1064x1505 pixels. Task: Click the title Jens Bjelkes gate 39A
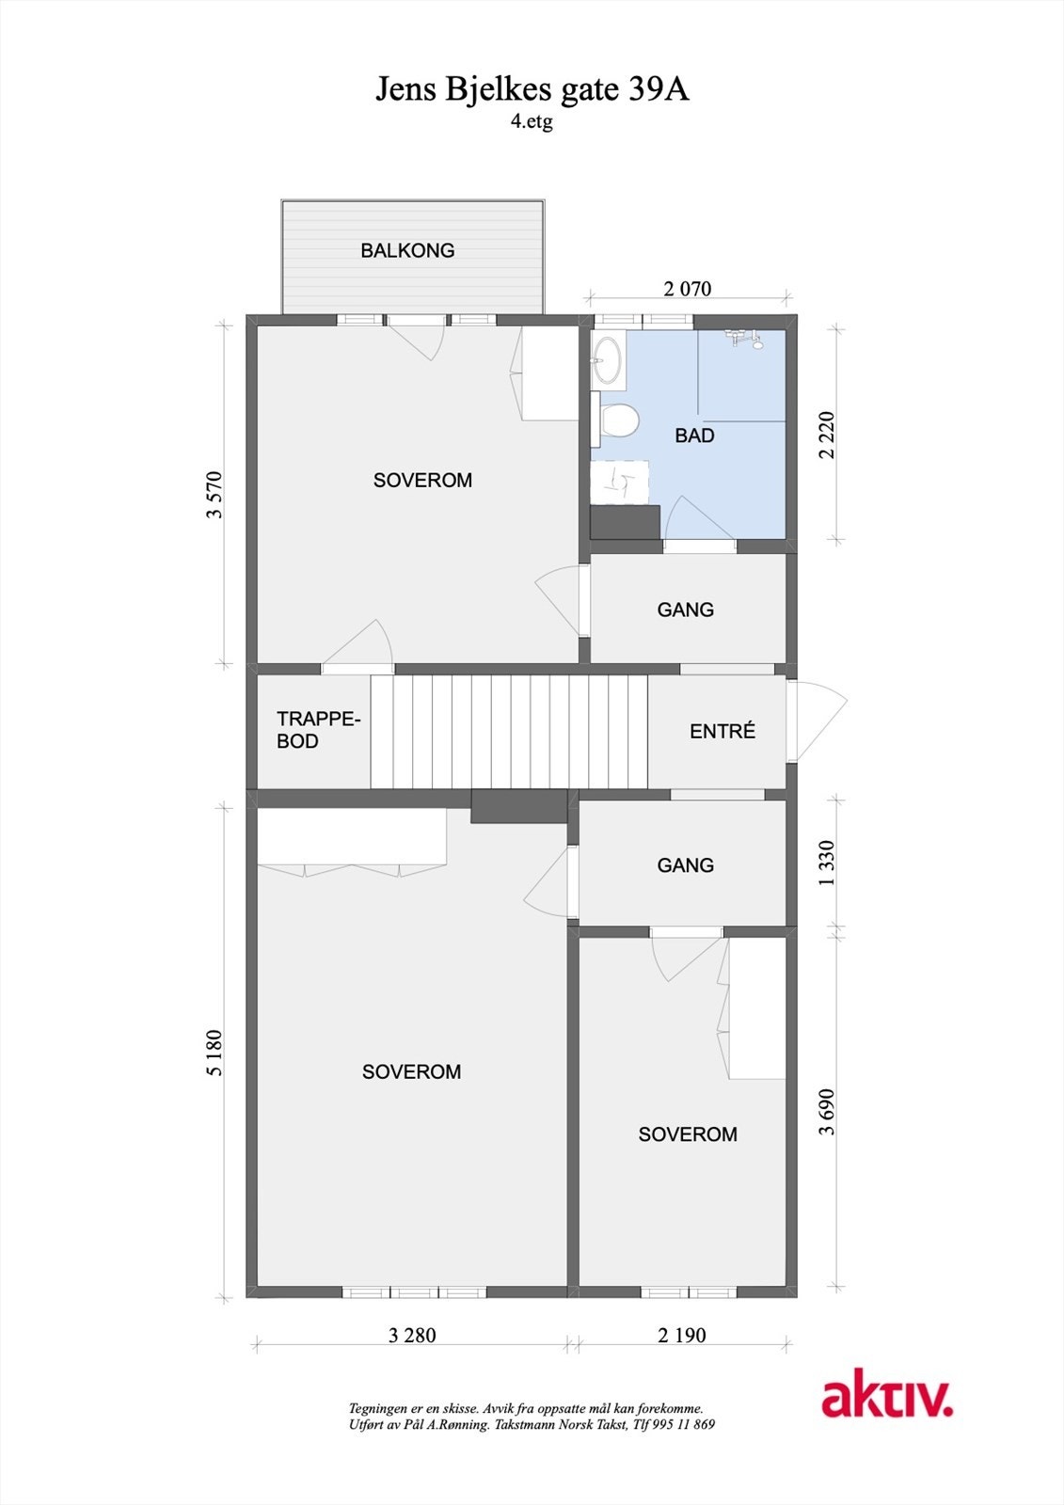(532, 89)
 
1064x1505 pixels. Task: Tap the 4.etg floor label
(532, 122)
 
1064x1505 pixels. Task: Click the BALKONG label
(407, 250)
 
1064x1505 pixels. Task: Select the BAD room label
(694, 436)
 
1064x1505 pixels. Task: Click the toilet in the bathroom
(618, 420)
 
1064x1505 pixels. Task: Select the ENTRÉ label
(723, 731)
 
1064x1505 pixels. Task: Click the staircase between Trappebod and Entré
(509, 731)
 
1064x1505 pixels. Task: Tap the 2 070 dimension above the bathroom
(688, 289)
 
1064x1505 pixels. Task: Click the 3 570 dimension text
(215, 495)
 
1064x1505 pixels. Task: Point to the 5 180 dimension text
(215, 1053)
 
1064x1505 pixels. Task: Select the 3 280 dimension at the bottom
(412, 1335)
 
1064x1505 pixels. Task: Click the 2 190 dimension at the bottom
(682, 1335)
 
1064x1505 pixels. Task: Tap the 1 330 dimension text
(827, 863)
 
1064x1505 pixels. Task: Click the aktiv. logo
(886, 1399)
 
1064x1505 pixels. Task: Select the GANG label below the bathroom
(685, 610)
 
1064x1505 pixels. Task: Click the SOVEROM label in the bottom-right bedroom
(688, 1134)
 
